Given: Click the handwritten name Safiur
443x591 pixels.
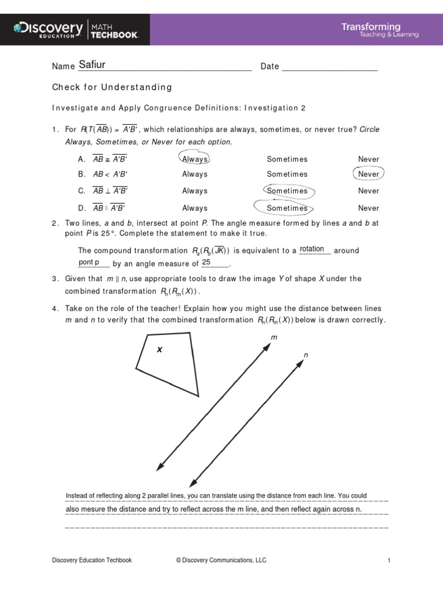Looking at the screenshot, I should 92,65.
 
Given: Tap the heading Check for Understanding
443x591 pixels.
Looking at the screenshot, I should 112,87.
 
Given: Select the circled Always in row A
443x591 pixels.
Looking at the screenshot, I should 195,159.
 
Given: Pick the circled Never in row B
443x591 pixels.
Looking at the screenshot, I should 369,174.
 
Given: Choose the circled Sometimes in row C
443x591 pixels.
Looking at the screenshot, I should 287,190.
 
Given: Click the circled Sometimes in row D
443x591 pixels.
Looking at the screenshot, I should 287,208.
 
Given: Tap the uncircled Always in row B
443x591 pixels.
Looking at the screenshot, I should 195,174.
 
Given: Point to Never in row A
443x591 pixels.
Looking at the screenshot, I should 369,159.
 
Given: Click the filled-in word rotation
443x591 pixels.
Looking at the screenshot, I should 312,249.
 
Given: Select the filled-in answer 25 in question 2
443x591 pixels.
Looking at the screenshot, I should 207,262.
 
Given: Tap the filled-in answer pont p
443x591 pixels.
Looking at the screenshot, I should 88,262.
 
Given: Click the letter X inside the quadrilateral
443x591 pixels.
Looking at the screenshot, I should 160,350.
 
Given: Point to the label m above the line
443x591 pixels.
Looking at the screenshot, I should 274,336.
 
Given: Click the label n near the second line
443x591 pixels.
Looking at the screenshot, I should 306,354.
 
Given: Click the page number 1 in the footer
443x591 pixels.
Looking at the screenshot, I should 389,560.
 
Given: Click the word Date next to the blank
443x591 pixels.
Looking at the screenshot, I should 269,66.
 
